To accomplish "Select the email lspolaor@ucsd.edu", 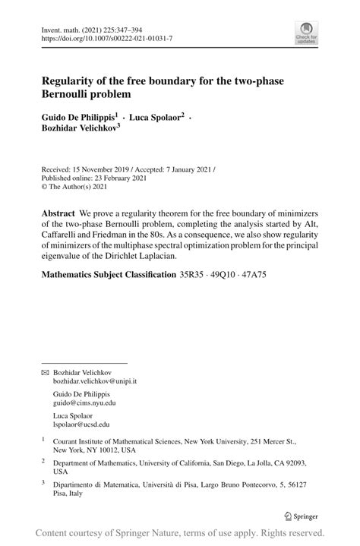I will coord(81,425).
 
